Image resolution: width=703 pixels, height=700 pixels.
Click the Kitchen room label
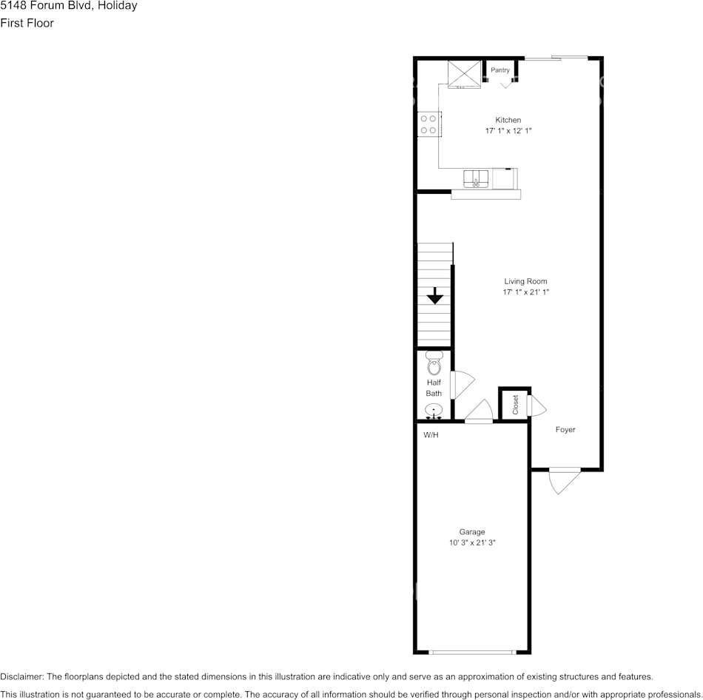[508, 120]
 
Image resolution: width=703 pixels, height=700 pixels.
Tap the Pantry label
[500, 70]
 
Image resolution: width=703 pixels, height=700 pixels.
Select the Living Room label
[525, 281]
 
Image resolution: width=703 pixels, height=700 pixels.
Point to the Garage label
[471, 532]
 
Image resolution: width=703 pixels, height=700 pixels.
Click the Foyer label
[565, 430]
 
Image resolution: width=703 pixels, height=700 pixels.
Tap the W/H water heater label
[431, 435]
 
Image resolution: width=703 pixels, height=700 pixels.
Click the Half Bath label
[434, 388]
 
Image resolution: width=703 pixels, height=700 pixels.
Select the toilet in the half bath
[434, 363]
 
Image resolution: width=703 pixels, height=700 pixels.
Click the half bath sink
[434, 410]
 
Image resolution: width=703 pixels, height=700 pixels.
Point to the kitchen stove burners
[428, 124]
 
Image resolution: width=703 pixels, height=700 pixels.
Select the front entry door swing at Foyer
[564, 481]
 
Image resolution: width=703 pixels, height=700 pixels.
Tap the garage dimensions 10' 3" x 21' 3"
[471, 543]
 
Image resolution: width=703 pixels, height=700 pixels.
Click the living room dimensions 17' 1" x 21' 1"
[525, 292]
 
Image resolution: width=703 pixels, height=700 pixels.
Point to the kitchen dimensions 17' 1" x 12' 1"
[508, 131]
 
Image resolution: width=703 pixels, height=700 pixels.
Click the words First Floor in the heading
[27, 23]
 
